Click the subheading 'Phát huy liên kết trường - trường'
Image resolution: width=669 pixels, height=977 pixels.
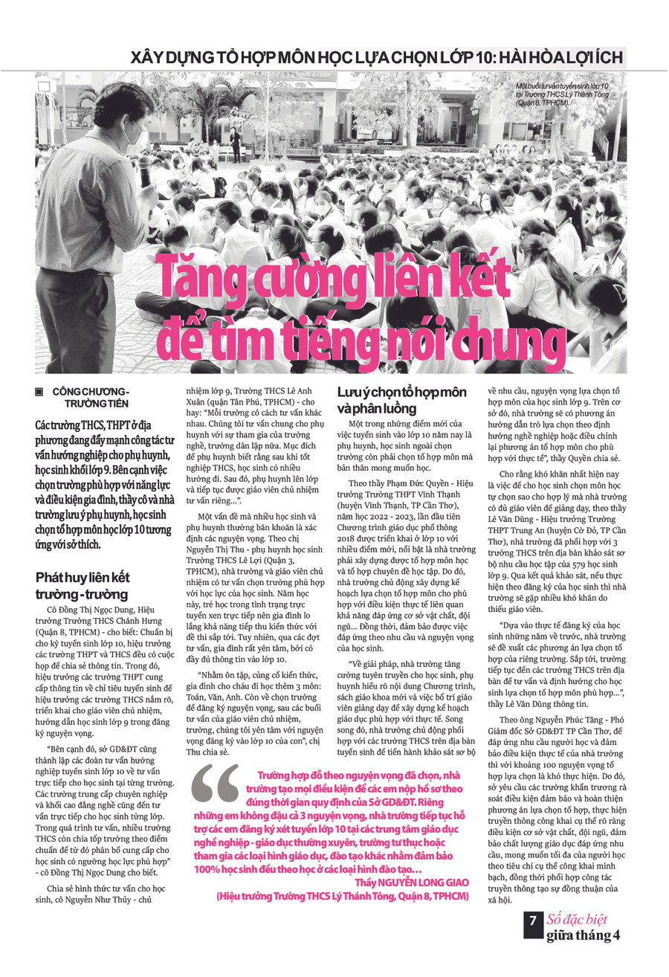click(x=82, y=585)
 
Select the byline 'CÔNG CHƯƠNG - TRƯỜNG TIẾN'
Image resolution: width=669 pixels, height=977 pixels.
click(x=91, y=397)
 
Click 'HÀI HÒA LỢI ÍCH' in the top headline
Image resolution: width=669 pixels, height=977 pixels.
click(x=553, y=57)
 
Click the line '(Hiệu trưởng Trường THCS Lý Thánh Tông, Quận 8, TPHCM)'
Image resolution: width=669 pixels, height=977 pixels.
click(x=343, y=897)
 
